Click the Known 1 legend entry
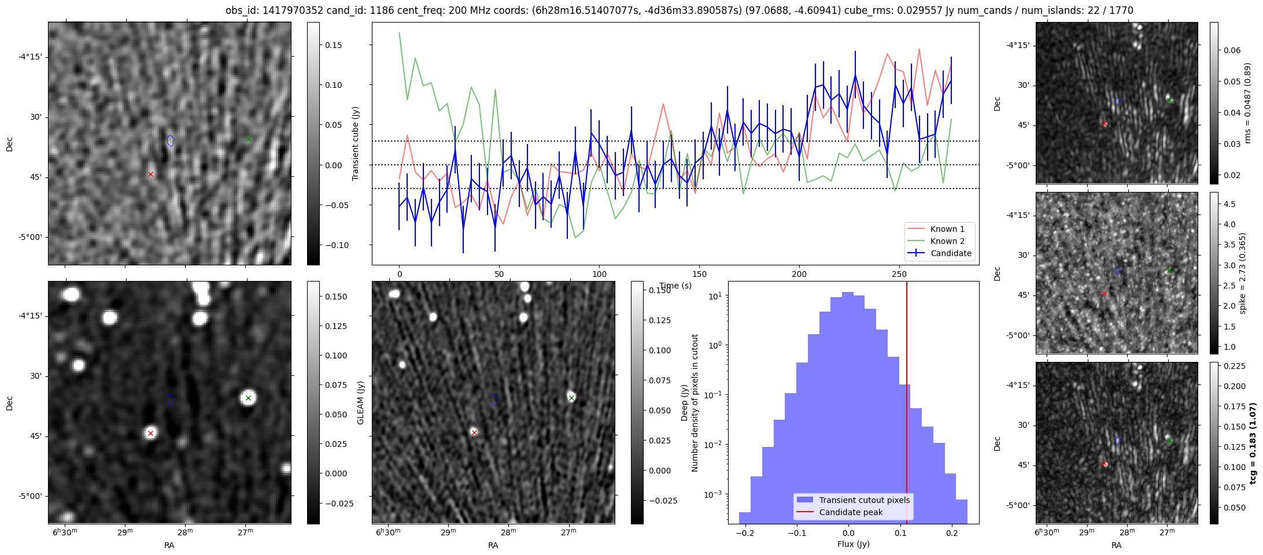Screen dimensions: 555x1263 click(947, 229)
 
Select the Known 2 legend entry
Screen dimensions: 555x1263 click(947, 241)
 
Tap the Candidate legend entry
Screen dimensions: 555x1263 click(950, 253)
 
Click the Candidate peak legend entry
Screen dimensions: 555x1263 click(851, 512)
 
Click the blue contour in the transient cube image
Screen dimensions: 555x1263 click(171, 140)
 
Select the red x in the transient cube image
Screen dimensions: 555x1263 click(150, 174)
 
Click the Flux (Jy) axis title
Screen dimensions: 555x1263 click(853, 544)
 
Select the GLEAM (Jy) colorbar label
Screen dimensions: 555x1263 click(360, 403)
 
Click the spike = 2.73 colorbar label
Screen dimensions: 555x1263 click(1242, 273)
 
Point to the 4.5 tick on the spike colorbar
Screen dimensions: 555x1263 click(1229, 204)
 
